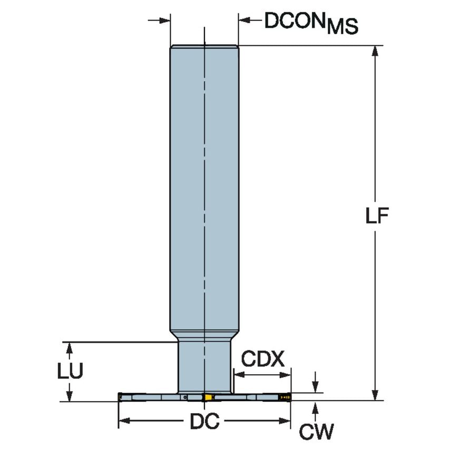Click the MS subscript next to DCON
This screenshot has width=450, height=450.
[x=342, y=27]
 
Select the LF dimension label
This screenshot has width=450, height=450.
[x=377, y=217]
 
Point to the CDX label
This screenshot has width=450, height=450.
[x=262, y=360]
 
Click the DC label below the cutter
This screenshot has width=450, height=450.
[x=204, y=422]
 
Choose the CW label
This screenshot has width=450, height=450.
[x=316, y=432]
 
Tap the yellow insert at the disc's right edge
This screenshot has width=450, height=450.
[x=286, y=397]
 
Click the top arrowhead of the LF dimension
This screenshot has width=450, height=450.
[x=375, y=51]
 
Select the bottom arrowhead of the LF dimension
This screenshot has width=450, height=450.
[x=375, y=395]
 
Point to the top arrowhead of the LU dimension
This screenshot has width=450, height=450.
[x=69, y=347]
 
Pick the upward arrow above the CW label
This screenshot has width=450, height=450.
[x=315, y=407]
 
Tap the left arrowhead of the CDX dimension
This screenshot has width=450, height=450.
[x=238, y=375]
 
